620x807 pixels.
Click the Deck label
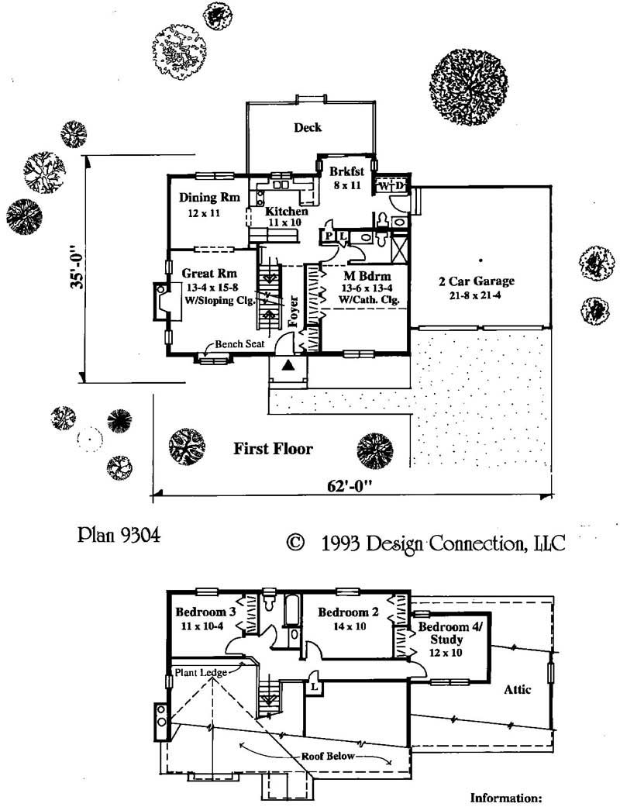(x=308, y=128)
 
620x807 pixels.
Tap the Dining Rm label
(x=204, y=198)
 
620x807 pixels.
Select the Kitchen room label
(x=287, y=212)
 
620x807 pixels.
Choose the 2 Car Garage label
(x=480, y=281)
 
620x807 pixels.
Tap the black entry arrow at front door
(x=288, y=365)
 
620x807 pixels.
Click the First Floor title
(x=273, y=449)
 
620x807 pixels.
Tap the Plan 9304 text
(x=119, y=536)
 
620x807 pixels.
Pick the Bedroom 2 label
(x=348, y=612)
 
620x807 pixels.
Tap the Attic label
(x=517, y=689)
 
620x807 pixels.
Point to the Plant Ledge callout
(x=200, y=672)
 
